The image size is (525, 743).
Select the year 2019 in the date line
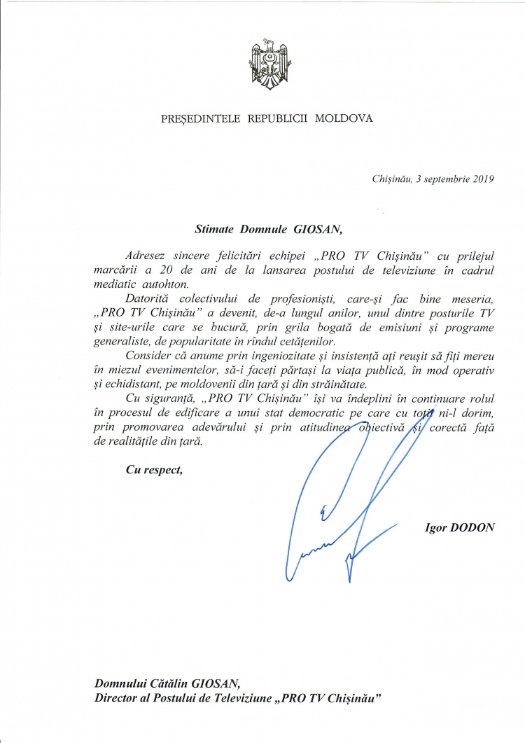coord(482,179)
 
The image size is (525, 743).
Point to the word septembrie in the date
coord(444,179)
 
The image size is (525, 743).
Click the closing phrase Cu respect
coord(154,469)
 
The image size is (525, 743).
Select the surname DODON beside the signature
coord(475,527)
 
